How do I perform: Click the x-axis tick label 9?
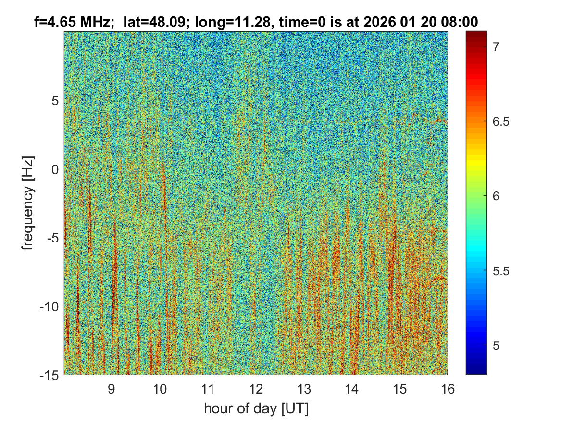point(112,389)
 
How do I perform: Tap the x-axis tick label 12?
point(256,389)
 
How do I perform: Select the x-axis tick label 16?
point(448,389)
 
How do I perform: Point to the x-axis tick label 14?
point(351,389)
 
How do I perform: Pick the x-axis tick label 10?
point(160,389)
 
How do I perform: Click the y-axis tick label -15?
point(49,375)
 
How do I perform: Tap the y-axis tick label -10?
point(49,306)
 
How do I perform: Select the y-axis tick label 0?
point(54,169)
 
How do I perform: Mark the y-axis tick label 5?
point(54,101)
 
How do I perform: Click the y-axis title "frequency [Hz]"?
point(29,203)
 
